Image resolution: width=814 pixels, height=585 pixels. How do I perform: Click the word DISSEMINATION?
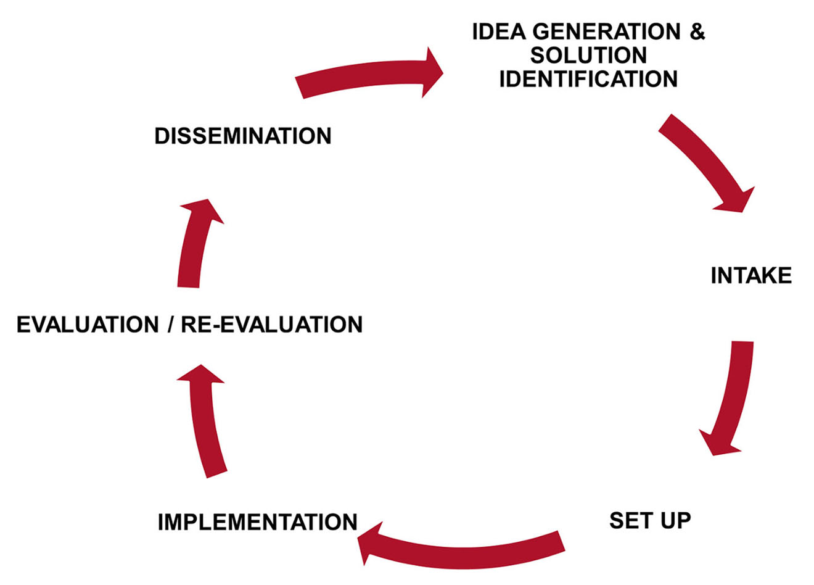(242, 136)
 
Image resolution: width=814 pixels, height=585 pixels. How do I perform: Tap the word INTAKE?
(750, 275)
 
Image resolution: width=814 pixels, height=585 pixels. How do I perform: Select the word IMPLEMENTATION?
(257, 522)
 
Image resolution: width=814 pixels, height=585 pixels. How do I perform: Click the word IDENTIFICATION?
(588, 79)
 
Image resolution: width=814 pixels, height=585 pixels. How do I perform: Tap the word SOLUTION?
(588, 56)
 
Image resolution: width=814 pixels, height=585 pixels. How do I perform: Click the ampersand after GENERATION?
(697, 31)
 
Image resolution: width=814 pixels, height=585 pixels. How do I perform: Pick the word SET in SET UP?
(630, 520)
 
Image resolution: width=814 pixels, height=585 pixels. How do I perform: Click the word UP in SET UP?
(675, 520)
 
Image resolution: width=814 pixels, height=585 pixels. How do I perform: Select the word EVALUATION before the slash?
(87, 325)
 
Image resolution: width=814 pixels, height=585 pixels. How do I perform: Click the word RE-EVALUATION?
(271, 325)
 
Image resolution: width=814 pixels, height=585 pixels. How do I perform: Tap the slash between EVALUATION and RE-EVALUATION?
(170, 325)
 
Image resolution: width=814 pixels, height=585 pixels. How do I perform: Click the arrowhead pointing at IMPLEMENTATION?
(370, 543)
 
